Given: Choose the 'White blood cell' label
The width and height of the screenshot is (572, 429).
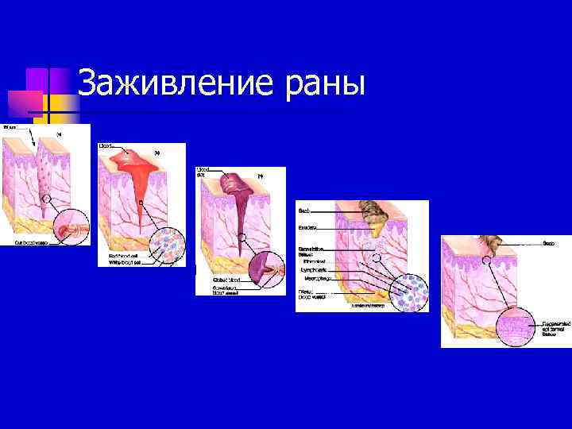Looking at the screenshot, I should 123,262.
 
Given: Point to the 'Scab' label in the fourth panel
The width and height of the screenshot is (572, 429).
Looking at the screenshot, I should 303,211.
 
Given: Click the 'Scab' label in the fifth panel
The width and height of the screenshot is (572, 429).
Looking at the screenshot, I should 549,242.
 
